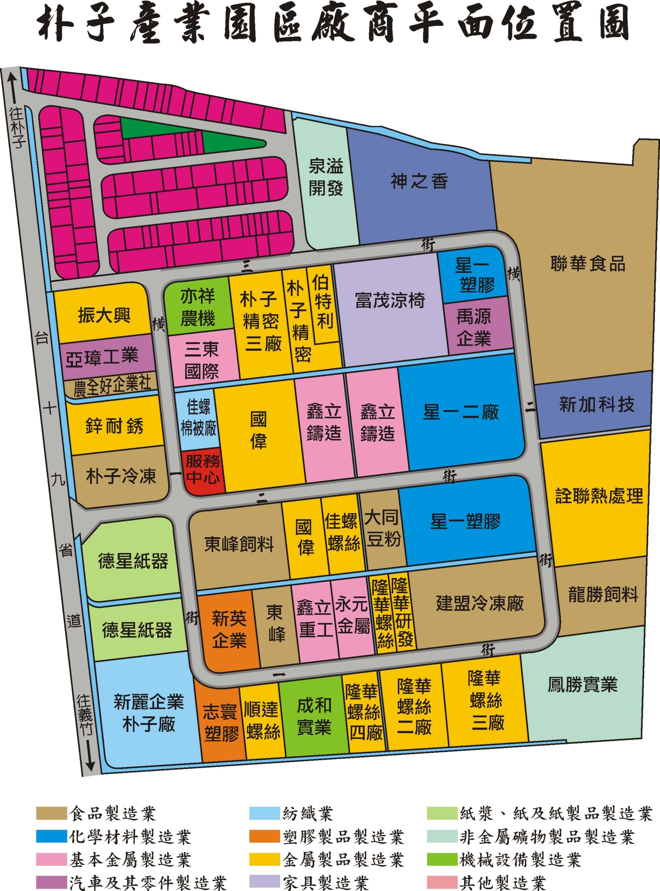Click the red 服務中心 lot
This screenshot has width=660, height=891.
pyautogui.click(x=203, y=471)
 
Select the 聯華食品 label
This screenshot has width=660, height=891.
pyautogui.click(x=587, y=264)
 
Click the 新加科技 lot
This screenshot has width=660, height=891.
pyautogui.click(x=596, y=404)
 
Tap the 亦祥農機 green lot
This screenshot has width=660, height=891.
pyautogui.click(x=198, y=308)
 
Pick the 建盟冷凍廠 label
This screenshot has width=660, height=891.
pyautogui.click(x=479, y=603)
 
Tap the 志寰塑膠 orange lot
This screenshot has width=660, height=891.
pyautogui.click(x=221, y=723)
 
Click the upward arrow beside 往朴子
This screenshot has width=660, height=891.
pyautogui.click(x=13, y=86)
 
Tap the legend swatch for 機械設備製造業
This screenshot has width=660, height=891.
pyautogui.click(x=441, y=859)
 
